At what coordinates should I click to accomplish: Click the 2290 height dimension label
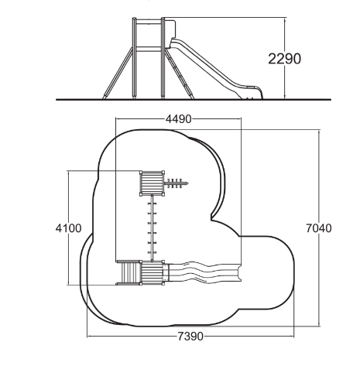pos(284,59)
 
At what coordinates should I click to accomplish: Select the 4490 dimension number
pos(178,119)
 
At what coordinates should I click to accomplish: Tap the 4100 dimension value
pos(68,228)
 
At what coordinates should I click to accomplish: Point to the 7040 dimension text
pos(319,228)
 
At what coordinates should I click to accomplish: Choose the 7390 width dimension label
pos(190,337)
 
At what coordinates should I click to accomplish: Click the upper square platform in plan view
pos(153,183)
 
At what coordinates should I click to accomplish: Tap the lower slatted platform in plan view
pos(153,273)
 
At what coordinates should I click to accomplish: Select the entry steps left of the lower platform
pos(129,273)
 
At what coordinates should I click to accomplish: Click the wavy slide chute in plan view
pos(203,272)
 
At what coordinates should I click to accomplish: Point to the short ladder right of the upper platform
pos(177,183)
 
